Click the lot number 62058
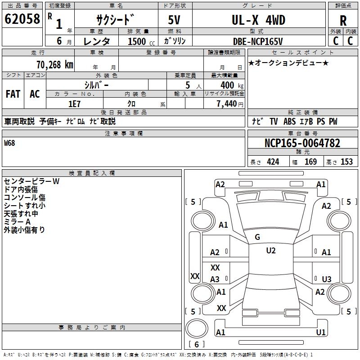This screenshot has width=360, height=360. click(x=22, y=19)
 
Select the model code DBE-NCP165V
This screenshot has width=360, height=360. click(x=258, y=41)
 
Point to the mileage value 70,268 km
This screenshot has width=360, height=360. click(x=53, y=64)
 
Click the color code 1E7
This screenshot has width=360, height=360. click(x=74, y=103)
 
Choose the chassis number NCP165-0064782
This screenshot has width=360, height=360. click(x=302, y=143)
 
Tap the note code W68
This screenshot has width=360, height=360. click(x=9, y=143)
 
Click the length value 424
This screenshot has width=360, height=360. click(x=273, y=162)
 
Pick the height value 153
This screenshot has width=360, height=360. click(x=346, y=162)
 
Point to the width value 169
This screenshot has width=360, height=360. click(x=310, y=162)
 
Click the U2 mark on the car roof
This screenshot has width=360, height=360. click(x=270, y=250)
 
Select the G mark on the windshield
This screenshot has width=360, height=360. click(x=257, y=237)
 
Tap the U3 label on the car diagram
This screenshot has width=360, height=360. click(x=327, y=279)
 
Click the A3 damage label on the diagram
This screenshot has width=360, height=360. click(x=215, y=279)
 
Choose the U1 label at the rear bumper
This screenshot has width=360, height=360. click(x=320, y=332)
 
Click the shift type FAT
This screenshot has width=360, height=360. click(x=13, y=94)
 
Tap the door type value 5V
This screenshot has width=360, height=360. click(x=175, y=20)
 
